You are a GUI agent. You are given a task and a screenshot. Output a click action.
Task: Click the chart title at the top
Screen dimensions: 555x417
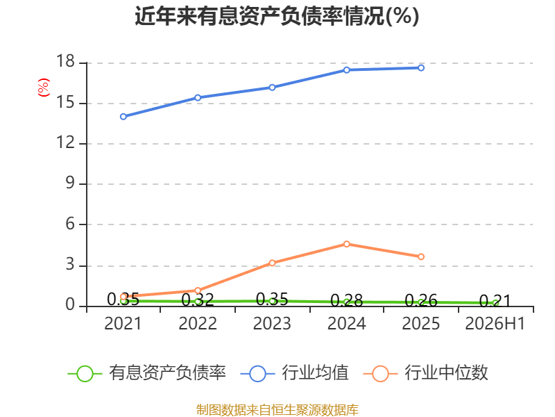click(x=277, y=16)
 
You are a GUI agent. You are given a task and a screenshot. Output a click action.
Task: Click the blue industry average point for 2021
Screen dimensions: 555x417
click(x=123, y=117)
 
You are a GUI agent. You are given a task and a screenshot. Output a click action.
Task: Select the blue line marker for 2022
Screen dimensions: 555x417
click(x=198, y=97)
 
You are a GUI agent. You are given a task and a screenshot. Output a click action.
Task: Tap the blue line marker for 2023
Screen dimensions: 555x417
click(x=272, y=88)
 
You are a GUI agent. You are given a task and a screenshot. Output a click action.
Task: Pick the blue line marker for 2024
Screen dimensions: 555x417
click(x=346, y=70)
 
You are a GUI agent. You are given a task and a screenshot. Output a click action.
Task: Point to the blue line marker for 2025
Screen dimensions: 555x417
click(x=421, y=67)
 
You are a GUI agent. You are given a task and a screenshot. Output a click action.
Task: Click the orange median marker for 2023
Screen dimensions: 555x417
click(x=272, y=263)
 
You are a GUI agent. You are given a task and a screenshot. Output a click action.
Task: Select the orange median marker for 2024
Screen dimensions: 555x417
click(x=346, y=244)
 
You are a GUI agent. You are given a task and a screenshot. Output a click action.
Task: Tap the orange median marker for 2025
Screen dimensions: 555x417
click(x=421, y=256)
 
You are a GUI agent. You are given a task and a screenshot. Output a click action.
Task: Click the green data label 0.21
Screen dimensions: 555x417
click(x=495, y=301)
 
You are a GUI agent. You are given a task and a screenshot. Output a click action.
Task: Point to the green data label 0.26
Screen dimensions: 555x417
click(x=421, y=300)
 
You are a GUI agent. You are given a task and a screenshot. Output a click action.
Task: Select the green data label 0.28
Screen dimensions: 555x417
click(x=346, y=300)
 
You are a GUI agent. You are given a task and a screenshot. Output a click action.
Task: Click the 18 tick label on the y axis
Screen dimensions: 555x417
click(x=65, y=61)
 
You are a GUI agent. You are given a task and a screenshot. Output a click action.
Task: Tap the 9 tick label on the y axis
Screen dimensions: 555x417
click(x=70, y=183)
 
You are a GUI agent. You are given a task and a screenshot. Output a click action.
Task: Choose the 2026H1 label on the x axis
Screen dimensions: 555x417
click(x=495, y=323)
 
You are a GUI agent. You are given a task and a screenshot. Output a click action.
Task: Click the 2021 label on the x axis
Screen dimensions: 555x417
click(x=123, y=323)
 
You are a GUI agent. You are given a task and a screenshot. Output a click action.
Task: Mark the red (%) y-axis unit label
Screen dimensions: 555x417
click(x=44, y=88)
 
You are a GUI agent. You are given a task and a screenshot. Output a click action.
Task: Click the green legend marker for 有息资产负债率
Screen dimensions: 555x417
click(x=85, y=374)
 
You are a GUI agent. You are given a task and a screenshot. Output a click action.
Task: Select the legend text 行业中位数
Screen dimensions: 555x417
click(x=447, y=373)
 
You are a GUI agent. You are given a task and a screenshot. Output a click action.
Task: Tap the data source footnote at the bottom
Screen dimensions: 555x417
click(x=277, y=410)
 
